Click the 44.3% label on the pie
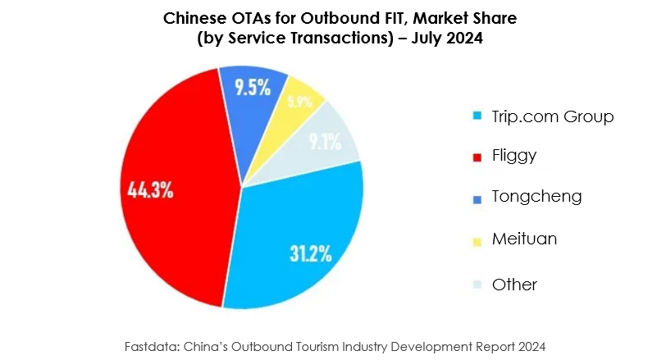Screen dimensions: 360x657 (150, 190)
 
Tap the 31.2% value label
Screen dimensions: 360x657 (309, 253)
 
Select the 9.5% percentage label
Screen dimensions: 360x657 (253, 88)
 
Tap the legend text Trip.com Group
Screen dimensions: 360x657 (552, 116)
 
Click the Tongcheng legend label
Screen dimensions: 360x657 (536, 197)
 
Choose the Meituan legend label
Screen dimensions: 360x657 (524, 239)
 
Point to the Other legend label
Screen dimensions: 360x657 (514, 285)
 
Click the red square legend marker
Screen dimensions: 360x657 (478, 156)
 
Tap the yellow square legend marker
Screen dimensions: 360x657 (478, 239)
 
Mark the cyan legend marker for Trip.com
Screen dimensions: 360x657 (478, 116)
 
